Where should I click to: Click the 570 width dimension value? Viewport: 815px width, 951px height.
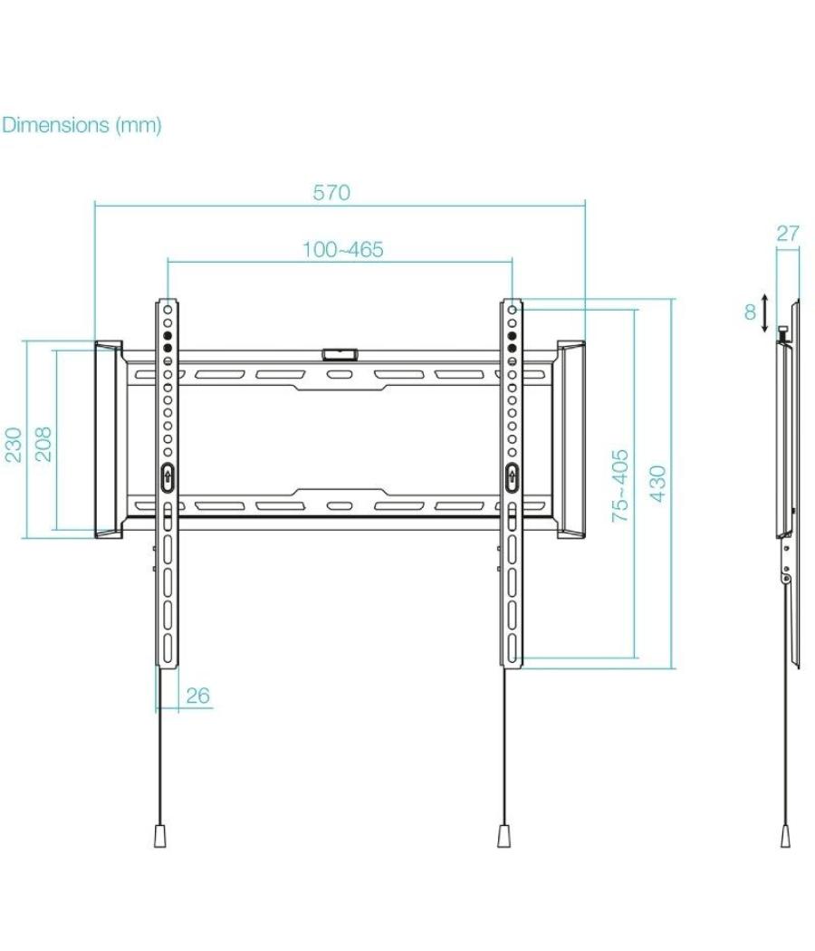331,193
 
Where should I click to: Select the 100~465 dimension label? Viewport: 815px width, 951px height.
342,249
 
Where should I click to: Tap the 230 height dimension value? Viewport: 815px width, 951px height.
15,445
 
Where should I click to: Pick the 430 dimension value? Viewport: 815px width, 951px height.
658,484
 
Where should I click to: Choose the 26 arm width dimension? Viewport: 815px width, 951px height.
197,696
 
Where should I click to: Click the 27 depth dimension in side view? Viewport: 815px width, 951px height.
788,233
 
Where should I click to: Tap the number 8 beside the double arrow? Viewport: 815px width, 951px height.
750,312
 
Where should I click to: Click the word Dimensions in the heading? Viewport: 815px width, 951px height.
54,125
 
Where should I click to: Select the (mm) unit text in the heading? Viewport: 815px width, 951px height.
138,125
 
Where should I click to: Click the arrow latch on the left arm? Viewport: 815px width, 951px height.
167,476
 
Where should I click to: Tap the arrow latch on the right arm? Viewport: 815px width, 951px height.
512,476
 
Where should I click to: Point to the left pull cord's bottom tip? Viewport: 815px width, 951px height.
160,835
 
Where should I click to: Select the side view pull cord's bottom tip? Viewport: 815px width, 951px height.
785,835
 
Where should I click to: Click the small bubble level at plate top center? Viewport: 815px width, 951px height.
340,349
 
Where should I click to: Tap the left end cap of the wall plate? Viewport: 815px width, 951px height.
109,439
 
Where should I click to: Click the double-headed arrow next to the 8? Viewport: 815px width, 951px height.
766,312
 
